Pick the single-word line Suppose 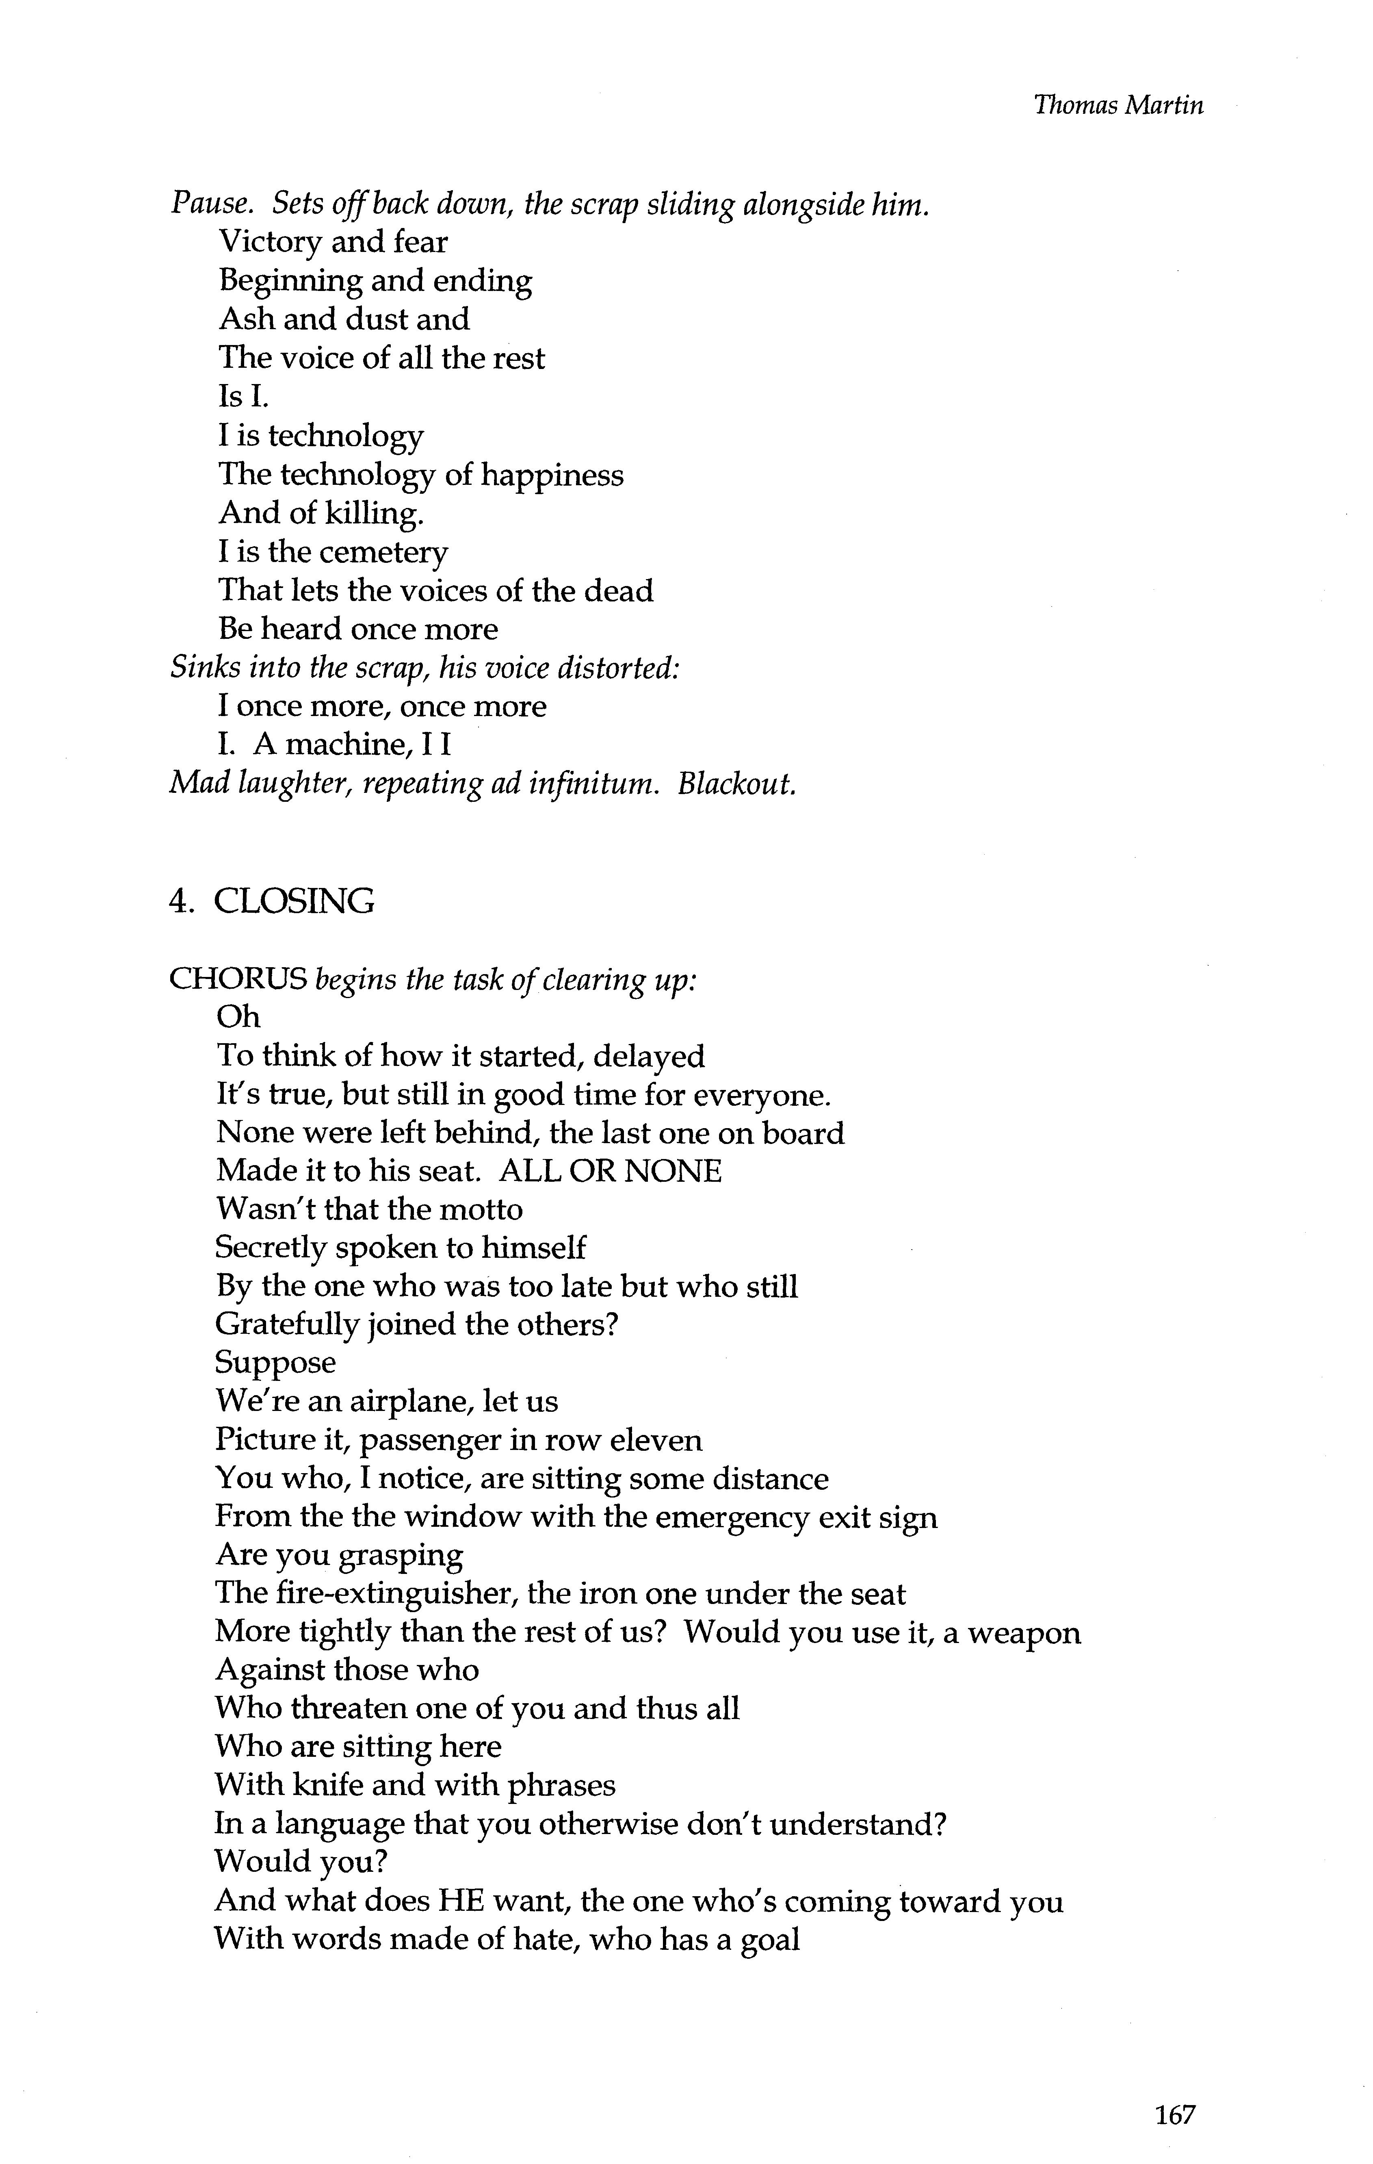275,1362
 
